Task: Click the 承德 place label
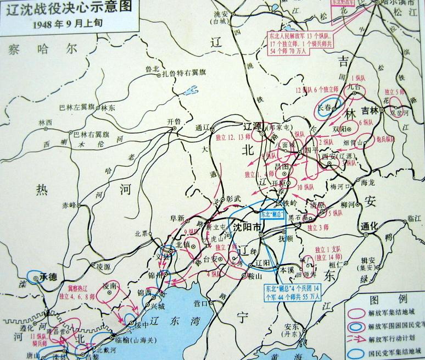(49, 278)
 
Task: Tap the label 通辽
(203, 128)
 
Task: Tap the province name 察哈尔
(41, 49)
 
